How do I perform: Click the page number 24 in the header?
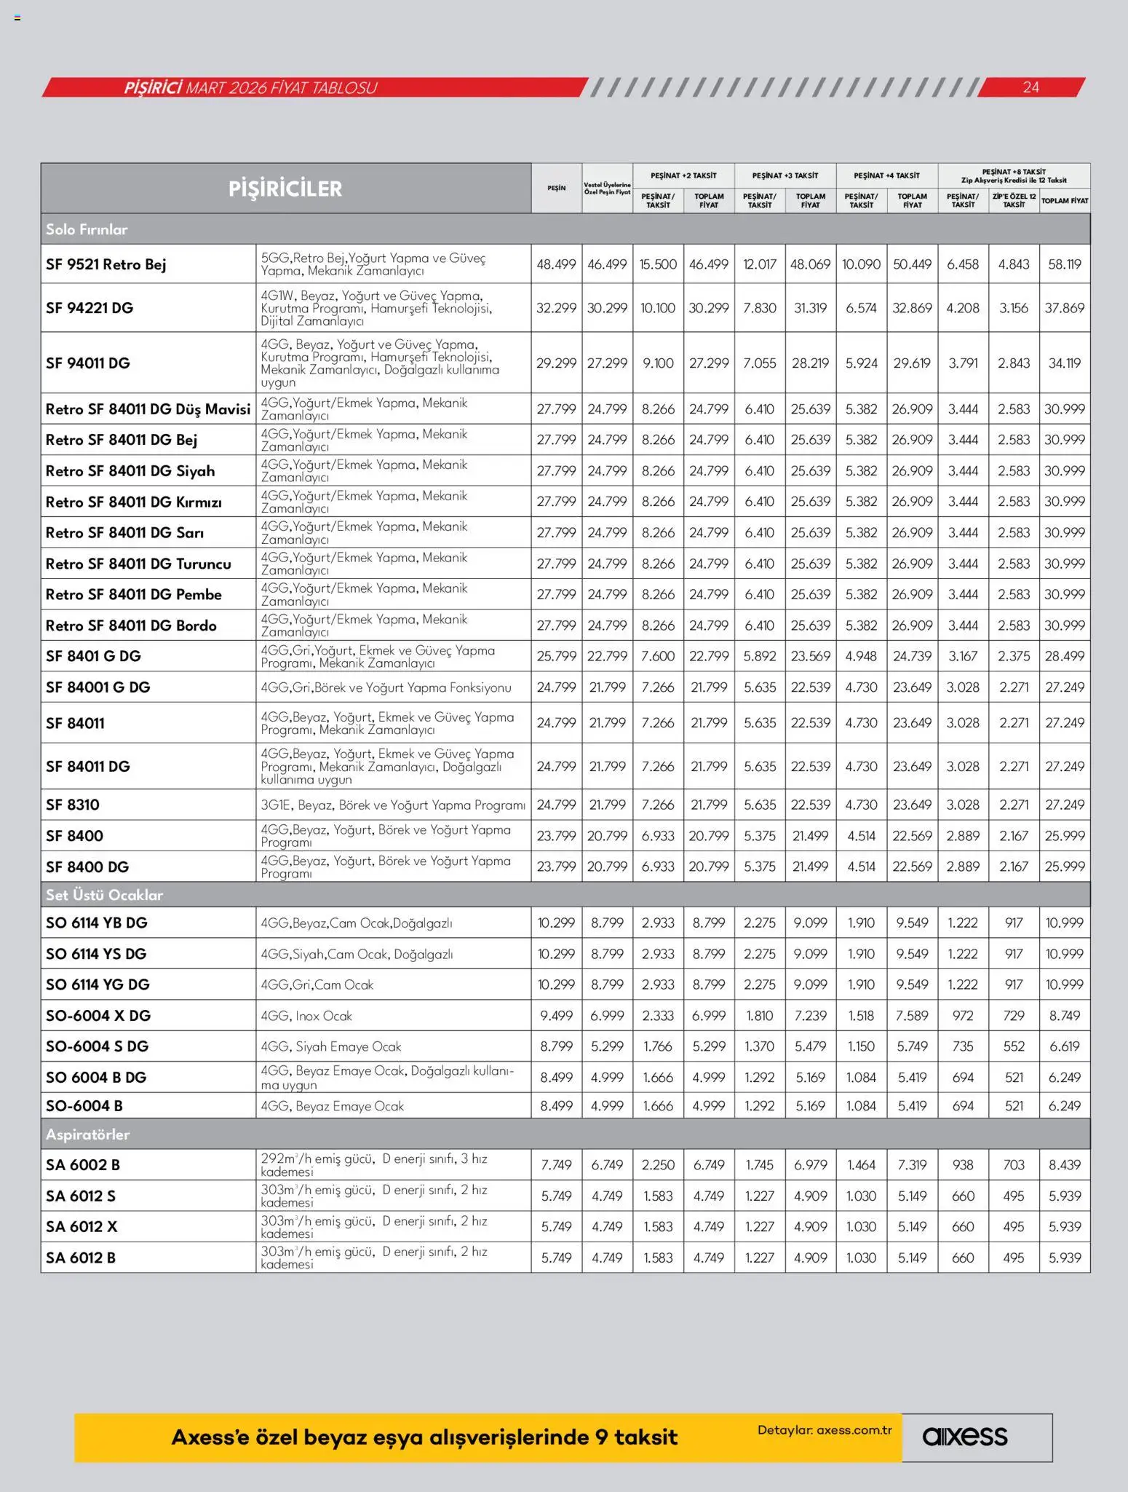pyautogui.click(x=1030, y=87)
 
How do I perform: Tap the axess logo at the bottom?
pyautogui.click(x=965, y=1437)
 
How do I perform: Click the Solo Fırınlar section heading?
pyautogui.click(x=87, y=229)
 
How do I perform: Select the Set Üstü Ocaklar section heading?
pyautogui.click(x=104, y=895)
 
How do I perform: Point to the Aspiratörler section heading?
pyautogui.click(x=87, y=1134)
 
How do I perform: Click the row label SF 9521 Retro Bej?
pyautogui.click(x=106, y=264)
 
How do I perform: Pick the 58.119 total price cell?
pyautogui.click(x=1065, y=264)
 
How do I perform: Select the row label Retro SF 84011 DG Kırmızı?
pyautogui.click(x=133, y=502)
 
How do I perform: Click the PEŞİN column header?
pyautogui.click(x=557, y=189)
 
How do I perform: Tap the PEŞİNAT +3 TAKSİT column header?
pyautogui.click(x=785, y=175)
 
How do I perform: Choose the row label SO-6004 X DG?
pyautogui.click(x=98, y=1016)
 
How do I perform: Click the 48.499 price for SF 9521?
pyautogui.click(x=556, y=264)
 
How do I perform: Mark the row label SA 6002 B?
pyautogui.click(x=82, y=1165)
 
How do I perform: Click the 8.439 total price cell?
pyautogui.click(x=1065, y=1165)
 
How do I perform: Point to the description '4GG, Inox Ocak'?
pyautogui.click(x=306, y=1016)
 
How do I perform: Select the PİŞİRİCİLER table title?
pyautogui.click(x=285, y=189)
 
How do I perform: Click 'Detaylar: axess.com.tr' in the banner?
pyautogui.click(x=825, y=1430)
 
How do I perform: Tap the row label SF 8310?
pyautogui.click(x=73, y=805)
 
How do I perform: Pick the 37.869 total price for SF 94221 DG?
pyautogui.click(x=1065, y=308)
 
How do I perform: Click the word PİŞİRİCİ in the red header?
pyautogui.click(x=152, y=88)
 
